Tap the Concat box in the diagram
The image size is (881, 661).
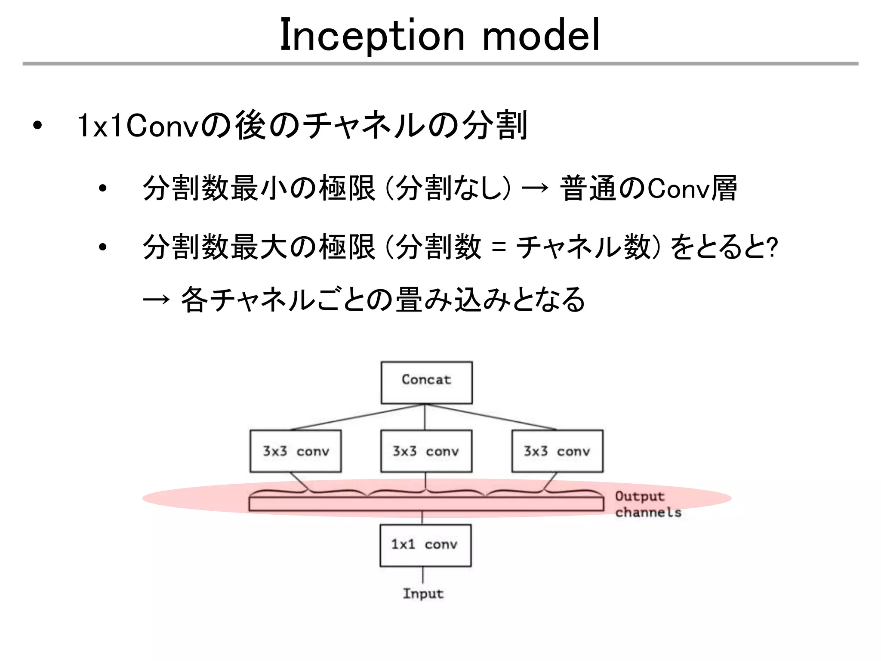(x=426, y=382)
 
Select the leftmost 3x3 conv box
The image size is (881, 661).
(x=296, y=451)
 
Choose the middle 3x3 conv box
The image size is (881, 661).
(x=426, y=451)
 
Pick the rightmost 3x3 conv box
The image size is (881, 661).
(x=557, y=451)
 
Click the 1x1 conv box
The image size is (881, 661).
(x=425, y=545)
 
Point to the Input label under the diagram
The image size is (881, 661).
(x=423, y=593)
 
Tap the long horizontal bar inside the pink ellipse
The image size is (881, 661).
(x=426, y=504)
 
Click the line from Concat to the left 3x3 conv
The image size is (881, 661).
(x=357, y=417)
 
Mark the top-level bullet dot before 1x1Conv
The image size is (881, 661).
(x=38, y=126)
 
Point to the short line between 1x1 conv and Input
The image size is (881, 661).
(x=423, y=575)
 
